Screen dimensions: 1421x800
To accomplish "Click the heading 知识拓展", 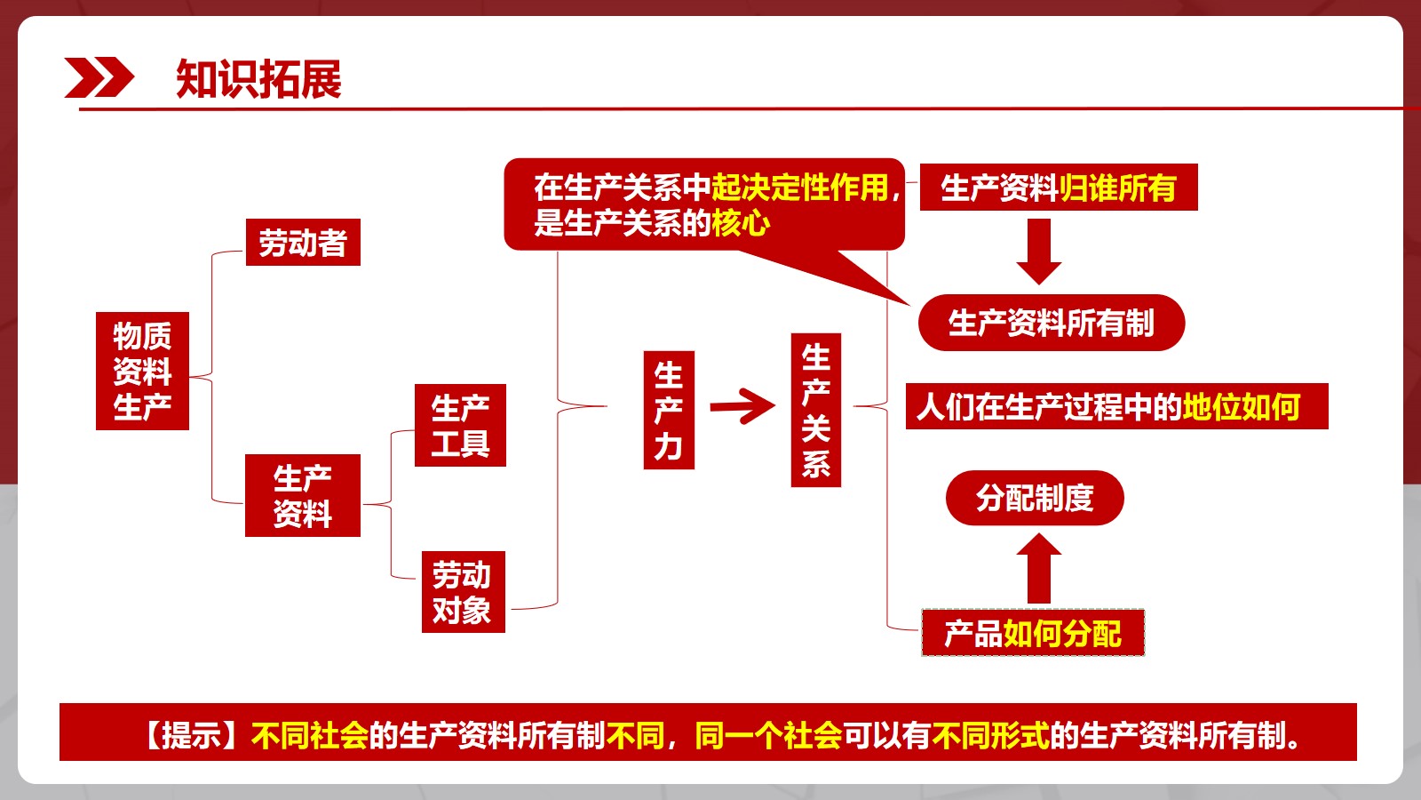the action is click(258, 79).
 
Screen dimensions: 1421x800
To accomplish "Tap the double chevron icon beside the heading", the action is click(99, 77).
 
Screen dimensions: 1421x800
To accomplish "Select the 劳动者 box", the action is click(303, 242).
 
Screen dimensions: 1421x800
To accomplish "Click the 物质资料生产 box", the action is click(142, 371).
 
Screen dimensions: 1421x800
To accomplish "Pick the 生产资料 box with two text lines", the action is click(303, 495).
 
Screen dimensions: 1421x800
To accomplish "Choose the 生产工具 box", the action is click(460, 425).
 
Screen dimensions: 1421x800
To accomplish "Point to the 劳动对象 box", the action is click(463, 592).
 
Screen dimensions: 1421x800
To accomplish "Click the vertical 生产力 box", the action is click(669, 410).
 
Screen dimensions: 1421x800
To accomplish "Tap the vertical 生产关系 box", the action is click(816, 410).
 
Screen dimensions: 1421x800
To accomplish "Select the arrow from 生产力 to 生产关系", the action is click(742, 405).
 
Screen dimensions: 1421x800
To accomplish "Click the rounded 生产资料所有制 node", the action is click(1052, 323).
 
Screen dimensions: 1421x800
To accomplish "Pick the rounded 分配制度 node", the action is click(1035, 498).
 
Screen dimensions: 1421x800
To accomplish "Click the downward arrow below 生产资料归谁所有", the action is click(1038, 252).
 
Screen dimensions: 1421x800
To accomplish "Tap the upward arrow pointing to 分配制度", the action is click(1038, 568).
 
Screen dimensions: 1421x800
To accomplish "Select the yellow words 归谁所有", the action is click(1118, 188).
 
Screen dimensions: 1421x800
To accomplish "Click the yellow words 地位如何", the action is click(1242, 406).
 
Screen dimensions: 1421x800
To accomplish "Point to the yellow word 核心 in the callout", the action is click(741, 223).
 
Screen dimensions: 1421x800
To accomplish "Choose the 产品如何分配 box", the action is click(1033, 633).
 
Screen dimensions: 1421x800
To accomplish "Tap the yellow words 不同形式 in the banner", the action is click(990, 735).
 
